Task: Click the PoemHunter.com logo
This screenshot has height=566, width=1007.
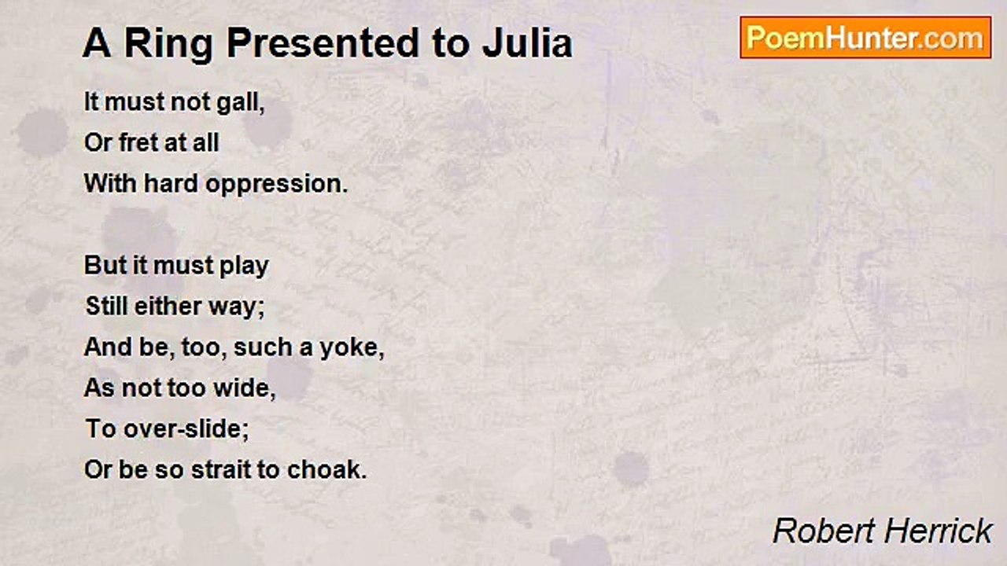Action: pyautogui.click(x=865, y=37)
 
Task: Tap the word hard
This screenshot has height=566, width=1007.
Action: pyautogui.click(x=171, y=184)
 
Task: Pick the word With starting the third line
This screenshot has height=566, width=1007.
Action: pyautogui.click(x=111, y=184)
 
